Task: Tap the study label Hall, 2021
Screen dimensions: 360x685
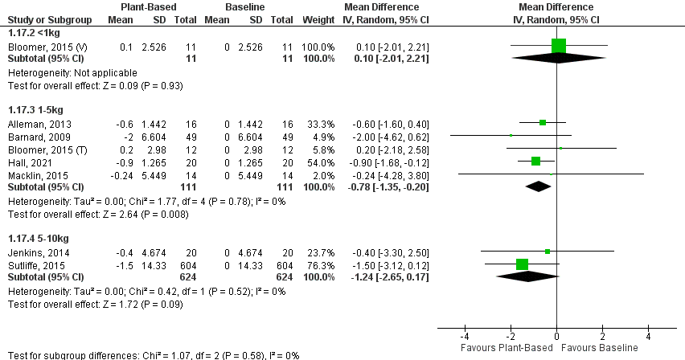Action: click(x=25, y=161)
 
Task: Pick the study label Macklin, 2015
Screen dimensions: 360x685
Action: click(x=31, y=174)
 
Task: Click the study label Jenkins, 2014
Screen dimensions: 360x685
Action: click(x=31, y=252)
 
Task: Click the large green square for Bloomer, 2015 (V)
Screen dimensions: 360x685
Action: click(x=559, y=46)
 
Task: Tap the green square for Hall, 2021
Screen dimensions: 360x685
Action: click(x=536, y=161)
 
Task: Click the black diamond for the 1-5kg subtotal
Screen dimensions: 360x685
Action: click(x=539, y=186)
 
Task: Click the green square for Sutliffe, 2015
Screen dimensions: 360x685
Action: click(x=522, y=264)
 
